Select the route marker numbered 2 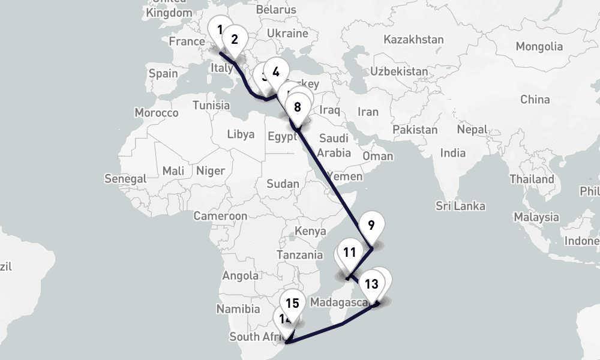click(x=235, y=40)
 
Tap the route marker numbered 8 click(x=298, y=108)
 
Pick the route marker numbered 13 click(x=371, y=284)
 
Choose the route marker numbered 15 click(x=292, y=304)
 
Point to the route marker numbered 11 click(x=350, y=253)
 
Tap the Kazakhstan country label click(x=414, y=40)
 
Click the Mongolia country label click(x=539, y=46)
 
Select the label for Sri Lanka click(x=461, y=206)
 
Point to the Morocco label click(x=157, y=112)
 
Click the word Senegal click(x=125, y=178)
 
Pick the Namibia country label click(x=238, y=309)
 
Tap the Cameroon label click(x=220, y=216)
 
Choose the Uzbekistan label click(x=400, y=71)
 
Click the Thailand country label click(x=532, y=179)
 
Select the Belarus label click(x=276, y=10)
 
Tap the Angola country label click(x=240, y=276)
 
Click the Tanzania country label click(x=300, y=254)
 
